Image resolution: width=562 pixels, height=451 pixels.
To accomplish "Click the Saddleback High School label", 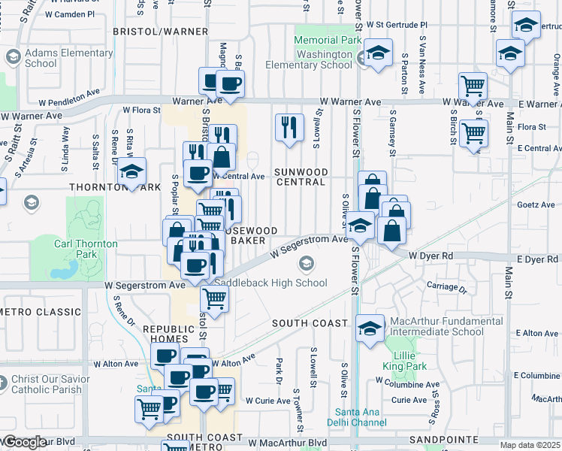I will pyautogui.click(x=271, y=283).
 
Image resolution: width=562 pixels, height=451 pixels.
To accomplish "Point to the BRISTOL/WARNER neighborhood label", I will pyautogui.click(x=160, y=32).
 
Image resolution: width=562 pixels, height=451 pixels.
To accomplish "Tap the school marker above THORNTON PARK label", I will pyautogui.click(x=131, y=173).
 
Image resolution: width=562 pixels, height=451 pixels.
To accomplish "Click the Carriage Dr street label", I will pyautogui.click(x=446, y=287).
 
